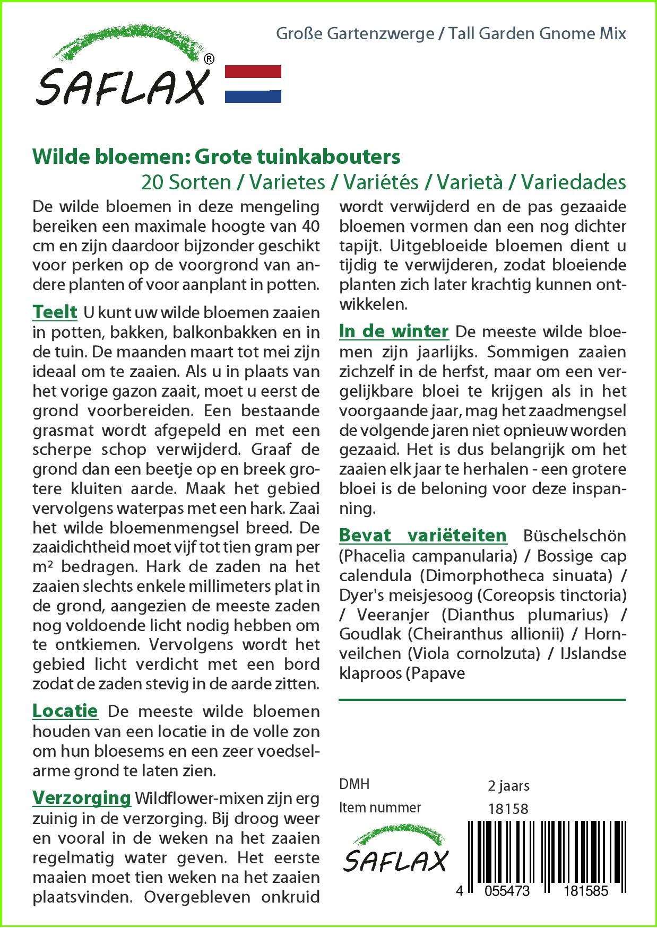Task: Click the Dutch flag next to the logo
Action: click(x=253, y=84)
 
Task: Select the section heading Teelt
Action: click(x=55, y=312)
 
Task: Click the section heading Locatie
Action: click(x=65, y=711)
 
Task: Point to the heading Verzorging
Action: click(x=82, y=798)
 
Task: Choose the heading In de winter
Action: click(x=394, y=331)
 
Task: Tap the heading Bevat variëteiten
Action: click(x=423, y=535)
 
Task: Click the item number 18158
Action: click(x=508, y=808)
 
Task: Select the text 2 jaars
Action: click(x=508, y=785)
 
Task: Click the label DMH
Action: click(x=354, y=784)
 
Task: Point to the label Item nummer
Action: click(x=380, y=808)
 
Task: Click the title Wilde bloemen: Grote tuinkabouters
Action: click(x=217, y=157)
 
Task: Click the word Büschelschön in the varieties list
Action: click(x=575, y=536)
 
